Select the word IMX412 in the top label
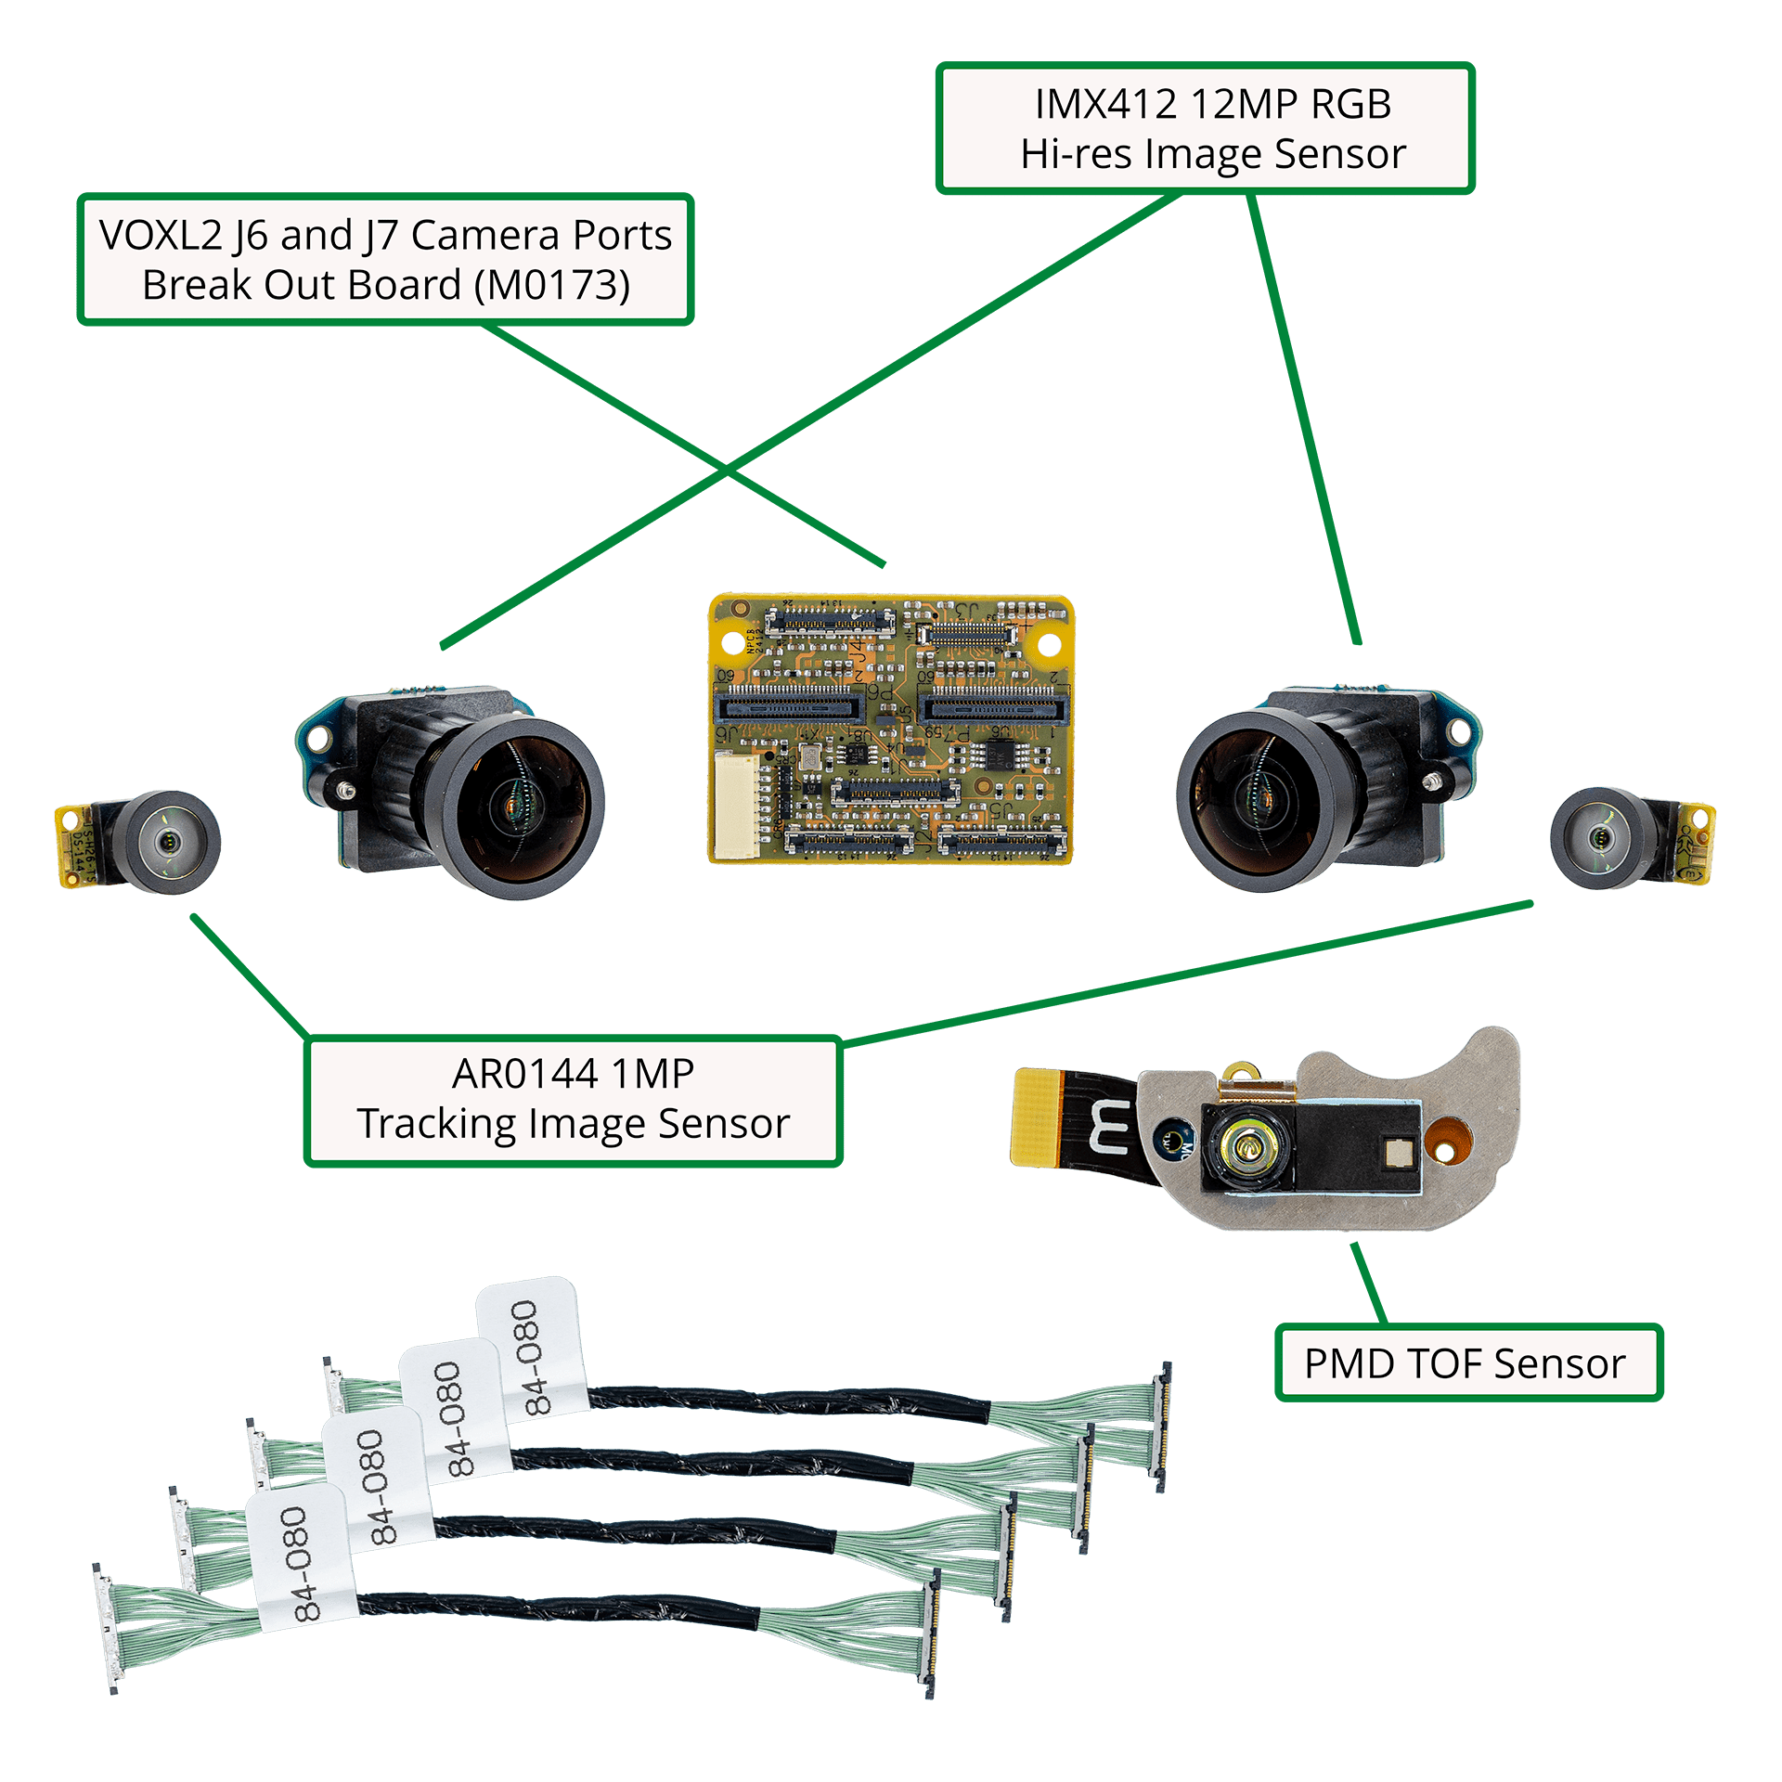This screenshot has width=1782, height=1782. [x=1105, y=104]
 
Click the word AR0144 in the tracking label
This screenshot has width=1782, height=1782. [x=524, y=1074]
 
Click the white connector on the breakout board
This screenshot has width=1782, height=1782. [x=735, y=804]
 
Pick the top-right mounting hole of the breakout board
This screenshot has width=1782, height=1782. [x=1048, y=643]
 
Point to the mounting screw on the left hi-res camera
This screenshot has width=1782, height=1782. [x=345, y=789]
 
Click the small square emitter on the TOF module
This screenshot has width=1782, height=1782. [x=1396, y=1153]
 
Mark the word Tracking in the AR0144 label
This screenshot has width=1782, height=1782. [x=436, y=1124]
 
